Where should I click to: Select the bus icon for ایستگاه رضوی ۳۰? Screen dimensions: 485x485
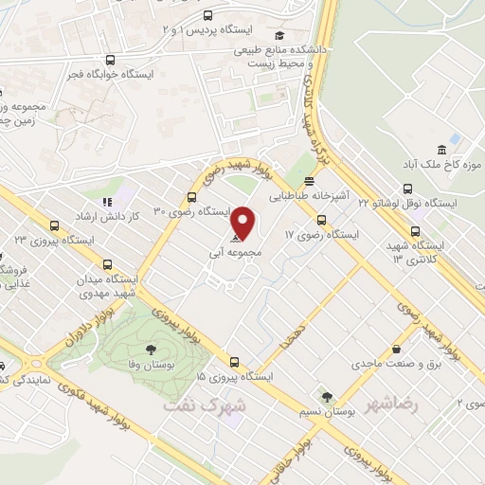[193, 198]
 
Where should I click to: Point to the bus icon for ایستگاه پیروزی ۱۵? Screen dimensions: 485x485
[235, 362]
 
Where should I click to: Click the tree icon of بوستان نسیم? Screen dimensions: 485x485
[327, 397]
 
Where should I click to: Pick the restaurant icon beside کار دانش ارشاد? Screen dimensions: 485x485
[107, 201]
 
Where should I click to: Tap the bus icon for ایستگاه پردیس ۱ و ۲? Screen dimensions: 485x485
[208, 15]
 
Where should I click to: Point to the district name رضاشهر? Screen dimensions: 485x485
[395, 404]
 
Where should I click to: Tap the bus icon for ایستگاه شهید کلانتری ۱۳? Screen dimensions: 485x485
[416, 230]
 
